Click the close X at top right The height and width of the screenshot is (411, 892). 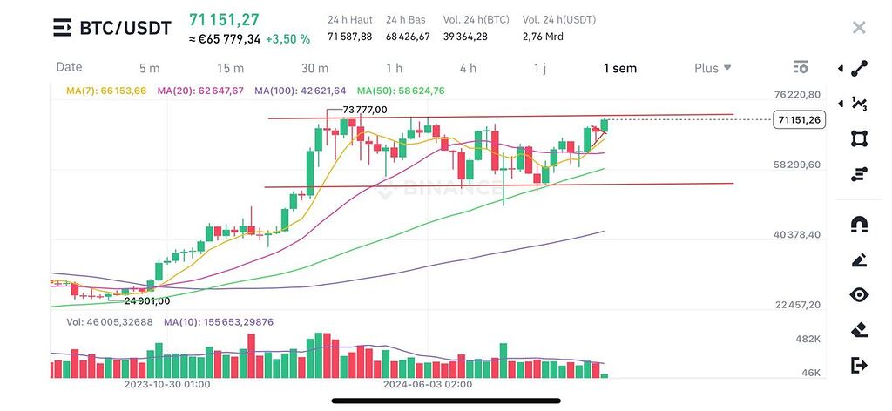(859, 28)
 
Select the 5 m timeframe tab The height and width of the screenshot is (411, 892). (149, 68)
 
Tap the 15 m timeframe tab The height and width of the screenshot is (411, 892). (230, 68)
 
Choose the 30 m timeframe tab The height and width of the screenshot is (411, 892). (314, 68)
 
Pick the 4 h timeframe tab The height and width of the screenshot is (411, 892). (468, 68)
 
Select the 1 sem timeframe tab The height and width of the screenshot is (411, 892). (619, 68)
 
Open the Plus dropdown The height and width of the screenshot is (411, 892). (712, 68)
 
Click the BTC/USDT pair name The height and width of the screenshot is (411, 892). (125, 29)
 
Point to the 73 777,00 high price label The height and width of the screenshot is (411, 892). (365, 110)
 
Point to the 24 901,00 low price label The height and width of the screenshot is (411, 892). (147, 301)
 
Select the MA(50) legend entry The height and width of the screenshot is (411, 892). (401, 91)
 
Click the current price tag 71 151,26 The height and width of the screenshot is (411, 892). (798, 120)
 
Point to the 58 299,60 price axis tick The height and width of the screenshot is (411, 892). (796, 164)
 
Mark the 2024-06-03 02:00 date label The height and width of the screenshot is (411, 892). (428, 384)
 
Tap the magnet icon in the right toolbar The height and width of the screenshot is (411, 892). (859, 225)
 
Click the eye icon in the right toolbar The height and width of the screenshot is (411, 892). (859, 295)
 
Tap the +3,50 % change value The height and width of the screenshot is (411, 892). (287, 39)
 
